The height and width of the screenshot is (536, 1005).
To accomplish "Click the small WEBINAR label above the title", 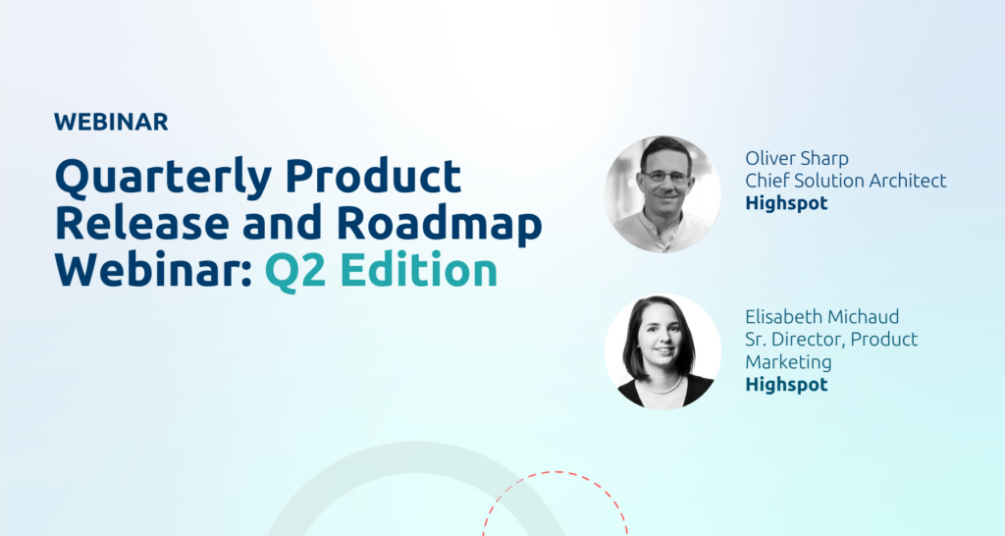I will click(x=111, y=122).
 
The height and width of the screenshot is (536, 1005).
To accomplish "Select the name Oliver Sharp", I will click(x=797, y=157).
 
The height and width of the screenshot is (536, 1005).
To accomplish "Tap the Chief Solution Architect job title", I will click(x=845, y=181).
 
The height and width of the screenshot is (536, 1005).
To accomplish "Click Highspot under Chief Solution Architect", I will click(x=786, y=203).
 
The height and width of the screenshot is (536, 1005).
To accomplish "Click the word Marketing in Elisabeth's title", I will click(x=788, y=361).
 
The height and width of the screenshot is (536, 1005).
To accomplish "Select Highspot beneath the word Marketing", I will click(x=786, y=385).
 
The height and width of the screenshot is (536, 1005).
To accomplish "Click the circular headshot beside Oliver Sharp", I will click(x=663, y=193).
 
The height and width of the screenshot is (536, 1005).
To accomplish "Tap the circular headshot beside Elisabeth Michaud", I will click(x=663, y=351).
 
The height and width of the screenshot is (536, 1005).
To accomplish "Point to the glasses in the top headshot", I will click(x=665, y=178).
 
